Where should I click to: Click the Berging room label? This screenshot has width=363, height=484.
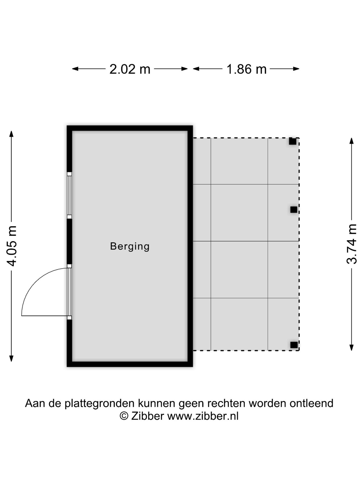tap(130, 246)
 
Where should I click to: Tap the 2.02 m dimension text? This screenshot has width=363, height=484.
tap(130, 69)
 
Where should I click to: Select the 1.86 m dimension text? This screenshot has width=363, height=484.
tap(246, 69)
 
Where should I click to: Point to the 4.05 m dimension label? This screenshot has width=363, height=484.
tap(12, 246)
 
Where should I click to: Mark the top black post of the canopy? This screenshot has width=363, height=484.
tap(292, 141)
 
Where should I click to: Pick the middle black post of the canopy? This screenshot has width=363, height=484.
tap(293, 209)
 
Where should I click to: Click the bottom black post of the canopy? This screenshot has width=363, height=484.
tap(294, 345)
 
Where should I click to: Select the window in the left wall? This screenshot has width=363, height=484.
tap(69, 195)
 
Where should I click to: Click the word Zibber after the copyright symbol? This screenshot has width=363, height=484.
tap(147, 416)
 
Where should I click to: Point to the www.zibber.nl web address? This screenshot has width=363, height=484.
tap(203, 416)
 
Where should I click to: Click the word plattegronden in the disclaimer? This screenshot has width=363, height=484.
tap(100, 404)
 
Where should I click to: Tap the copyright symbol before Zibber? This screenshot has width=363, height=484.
tap(124, 416)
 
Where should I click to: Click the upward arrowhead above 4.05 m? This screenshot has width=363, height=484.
tap(11, 134)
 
